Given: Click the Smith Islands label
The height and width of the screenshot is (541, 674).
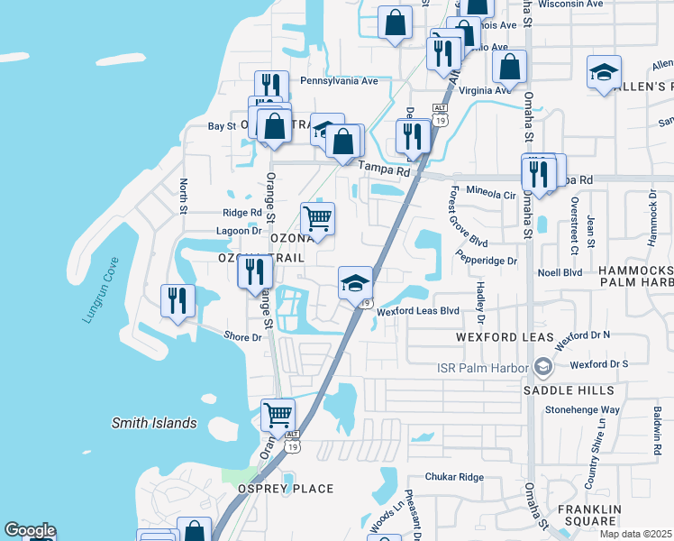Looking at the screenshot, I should (x=153, y=423).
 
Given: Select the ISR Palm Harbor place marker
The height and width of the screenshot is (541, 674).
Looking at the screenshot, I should (x=543, y=366).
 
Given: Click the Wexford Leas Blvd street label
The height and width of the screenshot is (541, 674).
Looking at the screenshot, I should (x=418, y=311).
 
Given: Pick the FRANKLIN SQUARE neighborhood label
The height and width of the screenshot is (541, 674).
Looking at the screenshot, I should (x=589, y=515).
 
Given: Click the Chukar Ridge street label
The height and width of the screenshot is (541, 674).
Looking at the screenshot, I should (x=454, y=477).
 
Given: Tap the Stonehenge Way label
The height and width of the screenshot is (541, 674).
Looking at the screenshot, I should (x=583, y=409).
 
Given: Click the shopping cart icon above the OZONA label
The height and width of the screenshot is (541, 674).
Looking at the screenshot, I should (x=317, y=217).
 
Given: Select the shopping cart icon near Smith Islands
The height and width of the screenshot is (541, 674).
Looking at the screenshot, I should (x=278, y=416).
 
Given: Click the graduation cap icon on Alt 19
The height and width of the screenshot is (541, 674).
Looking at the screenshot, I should (x=355, y=282).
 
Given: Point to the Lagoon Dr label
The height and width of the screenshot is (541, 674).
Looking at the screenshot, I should (x=239, y=231).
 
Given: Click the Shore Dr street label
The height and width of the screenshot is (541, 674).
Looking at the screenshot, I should (x=242, y=337).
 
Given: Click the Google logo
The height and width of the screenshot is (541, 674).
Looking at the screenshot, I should (x=30, y=530).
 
